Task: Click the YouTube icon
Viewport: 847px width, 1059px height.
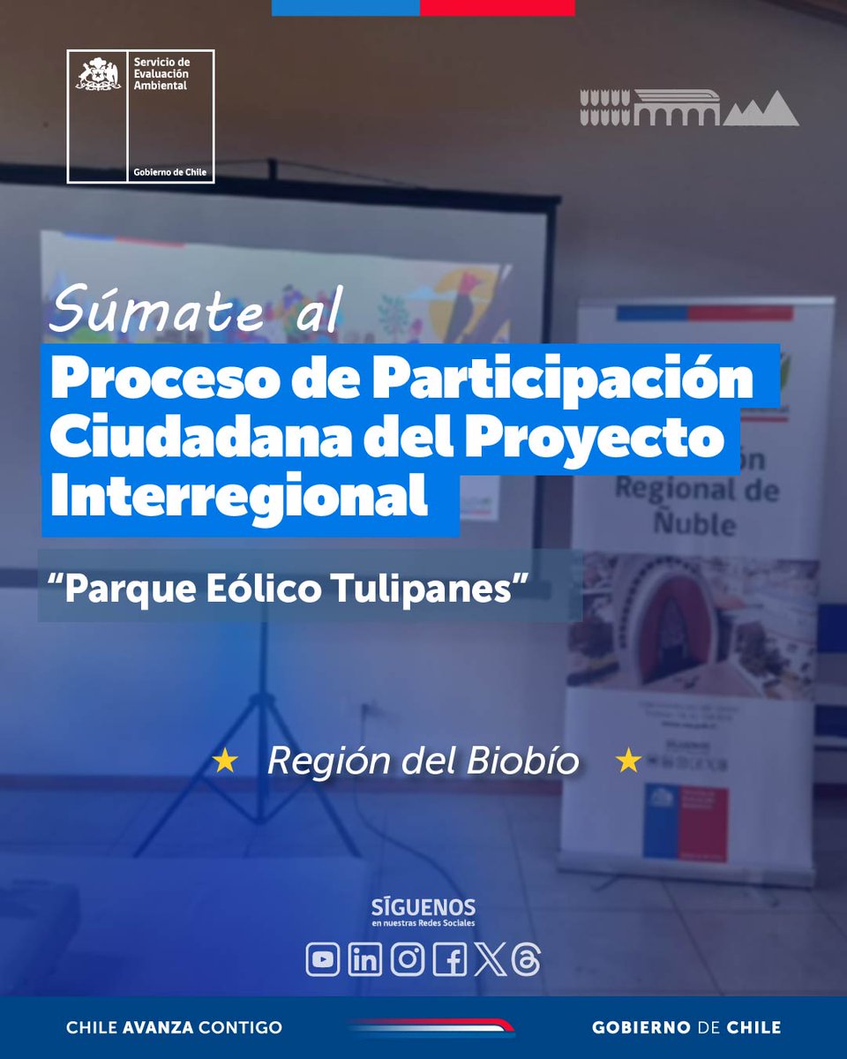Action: click(323, 960)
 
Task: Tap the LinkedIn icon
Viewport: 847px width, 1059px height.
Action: click(365, 960)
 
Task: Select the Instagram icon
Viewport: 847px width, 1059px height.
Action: click(408, 960)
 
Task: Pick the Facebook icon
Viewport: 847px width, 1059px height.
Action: click(450, 960)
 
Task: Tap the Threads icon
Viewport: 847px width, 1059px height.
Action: click(526, 960)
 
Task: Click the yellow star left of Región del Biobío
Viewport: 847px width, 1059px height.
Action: click(226, 761)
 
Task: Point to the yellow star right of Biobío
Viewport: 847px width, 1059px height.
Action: click(628, 760)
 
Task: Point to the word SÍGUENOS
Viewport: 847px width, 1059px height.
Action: click(424, 907)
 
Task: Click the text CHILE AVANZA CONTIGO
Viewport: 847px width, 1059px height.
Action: click(175, 1027)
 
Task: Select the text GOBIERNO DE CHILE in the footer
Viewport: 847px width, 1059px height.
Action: click(686, 1027)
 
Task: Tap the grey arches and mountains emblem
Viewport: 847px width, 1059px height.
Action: click(689, 107)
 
